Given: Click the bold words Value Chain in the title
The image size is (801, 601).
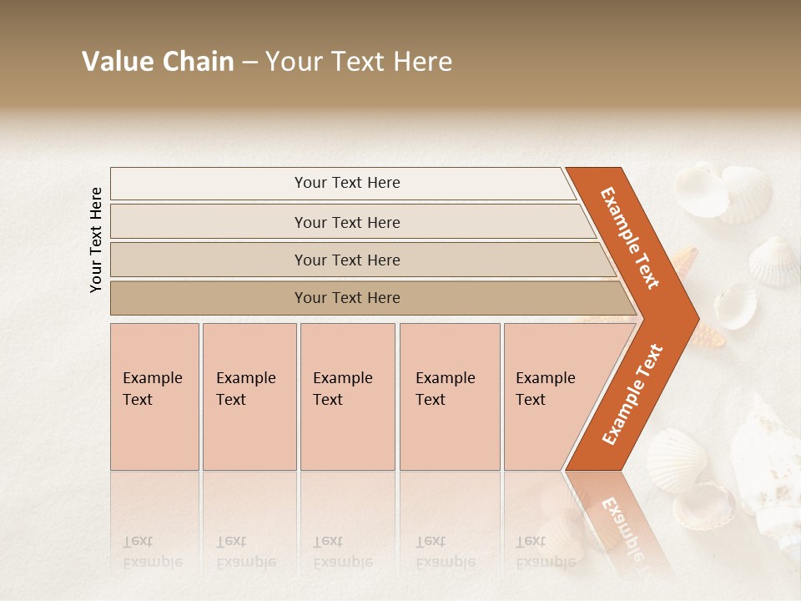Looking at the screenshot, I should coord(158,62).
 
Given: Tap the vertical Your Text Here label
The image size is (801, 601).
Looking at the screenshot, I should coord(96,240).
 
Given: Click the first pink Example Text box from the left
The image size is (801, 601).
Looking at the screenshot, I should coord(154,396).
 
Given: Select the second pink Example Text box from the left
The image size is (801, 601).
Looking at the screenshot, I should coord(249,396).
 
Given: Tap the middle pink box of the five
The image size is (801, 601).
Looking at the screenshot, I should coord(347,396).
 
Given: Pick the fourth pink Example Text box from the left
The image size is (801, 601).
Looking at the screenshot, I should coord(450,396).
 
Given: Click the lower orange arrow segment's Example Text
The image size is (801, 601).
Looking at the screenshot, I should coord(632,394).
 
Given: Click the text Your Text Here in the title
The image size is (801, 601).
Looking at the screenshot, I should coord(358,62).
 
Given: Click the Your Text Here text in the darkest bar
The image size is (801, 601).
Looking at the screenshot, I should coord(347,298).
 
